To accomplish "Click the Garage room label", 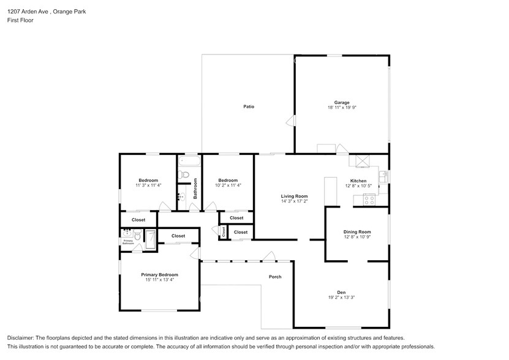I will (341, 102).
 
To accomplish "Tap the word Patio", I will (248, 107).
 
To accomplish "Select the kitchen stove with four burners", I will (369, 198).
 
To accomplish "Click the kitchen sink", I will (383, 177).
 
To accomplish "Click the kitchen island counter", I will (331, 191).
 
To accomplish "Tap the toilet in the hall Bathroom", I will (183, 175).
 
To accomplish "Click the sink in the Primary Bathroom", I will (128, 233).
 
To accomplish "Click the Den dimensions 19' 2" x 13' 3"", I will (341, 298).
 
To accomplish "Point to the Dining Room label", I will (357, 232).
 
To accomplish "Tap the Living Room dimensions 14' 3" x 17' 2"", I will (294, 201).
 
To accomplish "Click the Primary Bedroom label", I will (159, 275).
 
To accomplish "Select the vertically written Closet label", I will (224, 232).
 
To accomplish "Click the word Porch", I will (275, 277).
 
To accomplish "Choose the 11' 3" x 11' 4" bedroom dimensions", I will (148, 185).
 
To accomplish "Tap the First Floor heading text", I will (20, 20).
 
